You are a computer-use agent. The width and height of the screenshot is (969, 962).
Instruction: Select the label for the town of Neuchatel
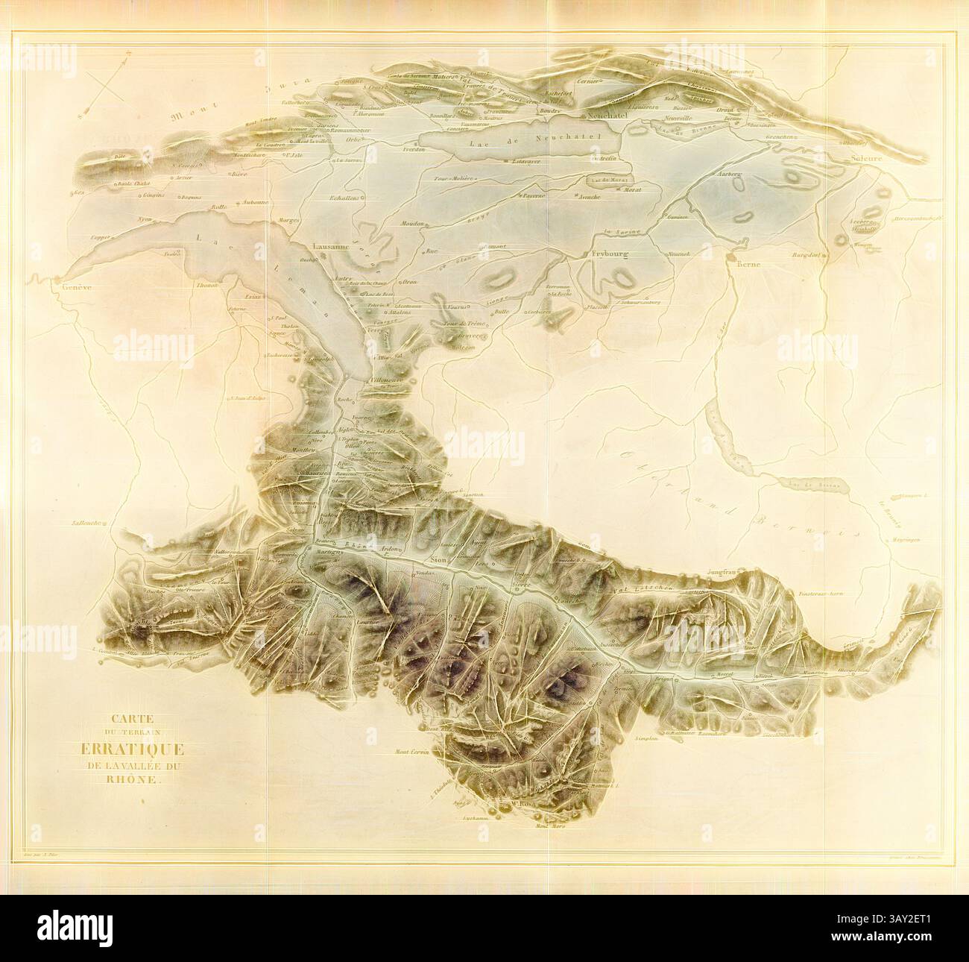[x=607, y=116]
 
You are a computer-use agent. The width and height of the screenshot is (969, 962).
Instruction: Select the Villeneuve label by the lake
[x=386, y=379]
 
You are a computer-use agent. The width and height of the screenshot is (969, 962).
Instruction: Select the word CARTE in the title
[x=129, y=720]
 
